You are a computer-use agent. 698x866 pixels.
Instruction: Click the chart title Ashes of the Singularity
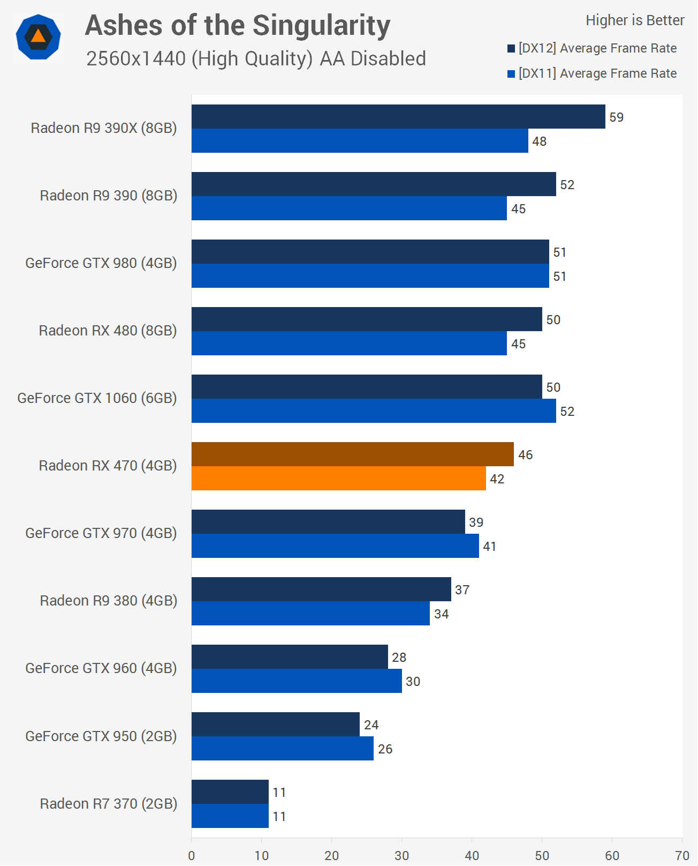click(x=238, y=26)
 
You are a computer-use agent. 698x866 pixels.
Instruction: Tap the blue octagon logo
click(x=38, y=37)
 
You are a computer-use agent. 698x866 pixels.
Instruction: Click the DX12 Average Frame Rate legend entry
click(x=592, y=48)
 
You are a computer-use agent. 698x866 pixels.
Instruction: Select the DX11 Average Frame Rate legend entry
click(x=592, y=73)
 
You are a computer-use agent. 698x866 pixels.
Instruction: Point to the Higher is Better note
click(x=635, y=20)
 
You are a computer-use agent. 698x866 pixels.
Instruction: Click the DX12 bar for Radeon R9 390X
click(x=398, y=116)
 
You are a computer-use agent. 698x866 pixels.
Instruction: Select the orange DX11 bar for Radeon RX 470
click(x=338, y=478)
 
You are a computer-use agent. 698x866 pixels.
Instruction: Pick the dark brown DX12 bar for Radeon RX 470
click(x=352, y=454)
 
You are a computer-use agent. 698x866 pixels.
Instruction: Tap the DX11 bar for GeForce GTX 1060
click(x=374, y=410)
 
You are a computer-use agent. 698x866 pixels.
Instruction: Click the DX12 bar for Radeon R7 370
click(x=230, y=792)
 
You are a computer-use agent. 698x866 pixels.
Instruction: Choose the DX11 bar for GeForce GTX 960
click(x=297, y=681)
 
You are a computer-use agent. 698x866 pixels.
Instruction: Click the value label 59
click(x=617, y=117)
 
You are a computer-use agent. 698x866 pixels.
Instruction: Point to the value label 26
click(x=385, y=749)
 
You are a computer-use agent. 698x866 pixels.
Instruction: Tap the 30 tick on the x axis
click(x=401, y=855)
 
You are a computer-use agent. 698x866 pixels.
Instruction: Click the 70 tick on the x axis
click(x=682, y=855)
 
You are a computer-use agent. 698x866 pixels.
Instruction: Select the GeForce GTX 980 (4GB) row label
click(x=101, y=263)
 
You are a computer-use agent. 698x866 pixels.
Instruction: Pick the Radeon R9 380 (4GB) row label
click(x=109, y=601)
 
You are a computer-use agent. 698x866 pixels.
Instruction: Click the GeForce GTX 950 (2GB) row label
click(x=101, y=736)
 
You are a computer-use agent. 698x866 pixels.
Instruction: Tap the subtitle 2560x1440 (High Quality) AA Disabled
click(x=256, y=58)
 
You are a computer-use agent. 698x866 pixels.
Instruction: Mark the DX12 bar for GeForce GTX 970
click(x=328, y=521)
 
